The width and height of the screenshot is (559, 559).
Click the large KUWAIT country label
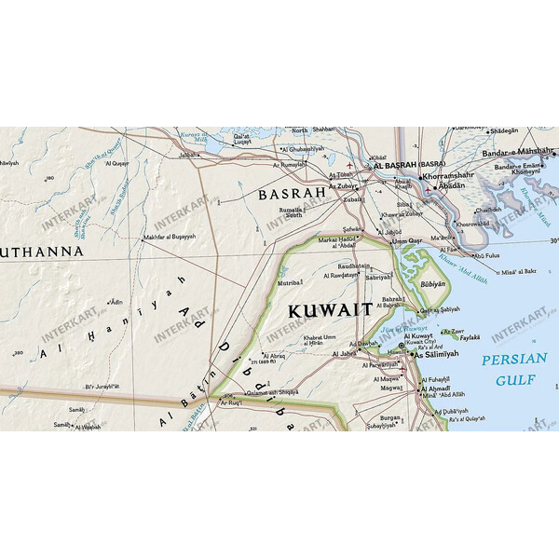[330, 309]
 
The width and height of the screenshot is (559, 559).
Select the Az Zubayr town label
[345, 186]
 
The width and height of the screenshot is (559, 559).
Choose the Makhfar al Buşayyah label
[169, 237]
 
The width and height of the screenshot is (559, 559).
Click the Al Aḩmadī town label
[443, 388]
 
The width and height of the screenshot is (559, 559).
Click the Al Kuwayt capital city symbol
[402, 346]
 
